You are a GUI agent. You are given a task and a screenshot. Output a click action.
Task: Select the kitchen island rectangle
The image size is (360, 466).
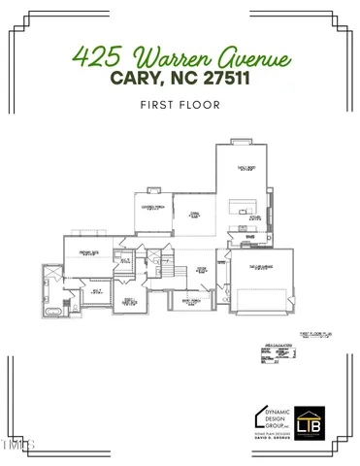tap(239, 209)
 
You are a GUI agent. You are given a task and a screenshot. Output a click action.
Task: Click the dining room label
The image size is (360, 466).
tap(194, 216)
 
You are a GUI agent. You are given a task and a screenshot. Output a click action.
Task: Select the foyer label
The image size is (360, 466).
tap(202, 270)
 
